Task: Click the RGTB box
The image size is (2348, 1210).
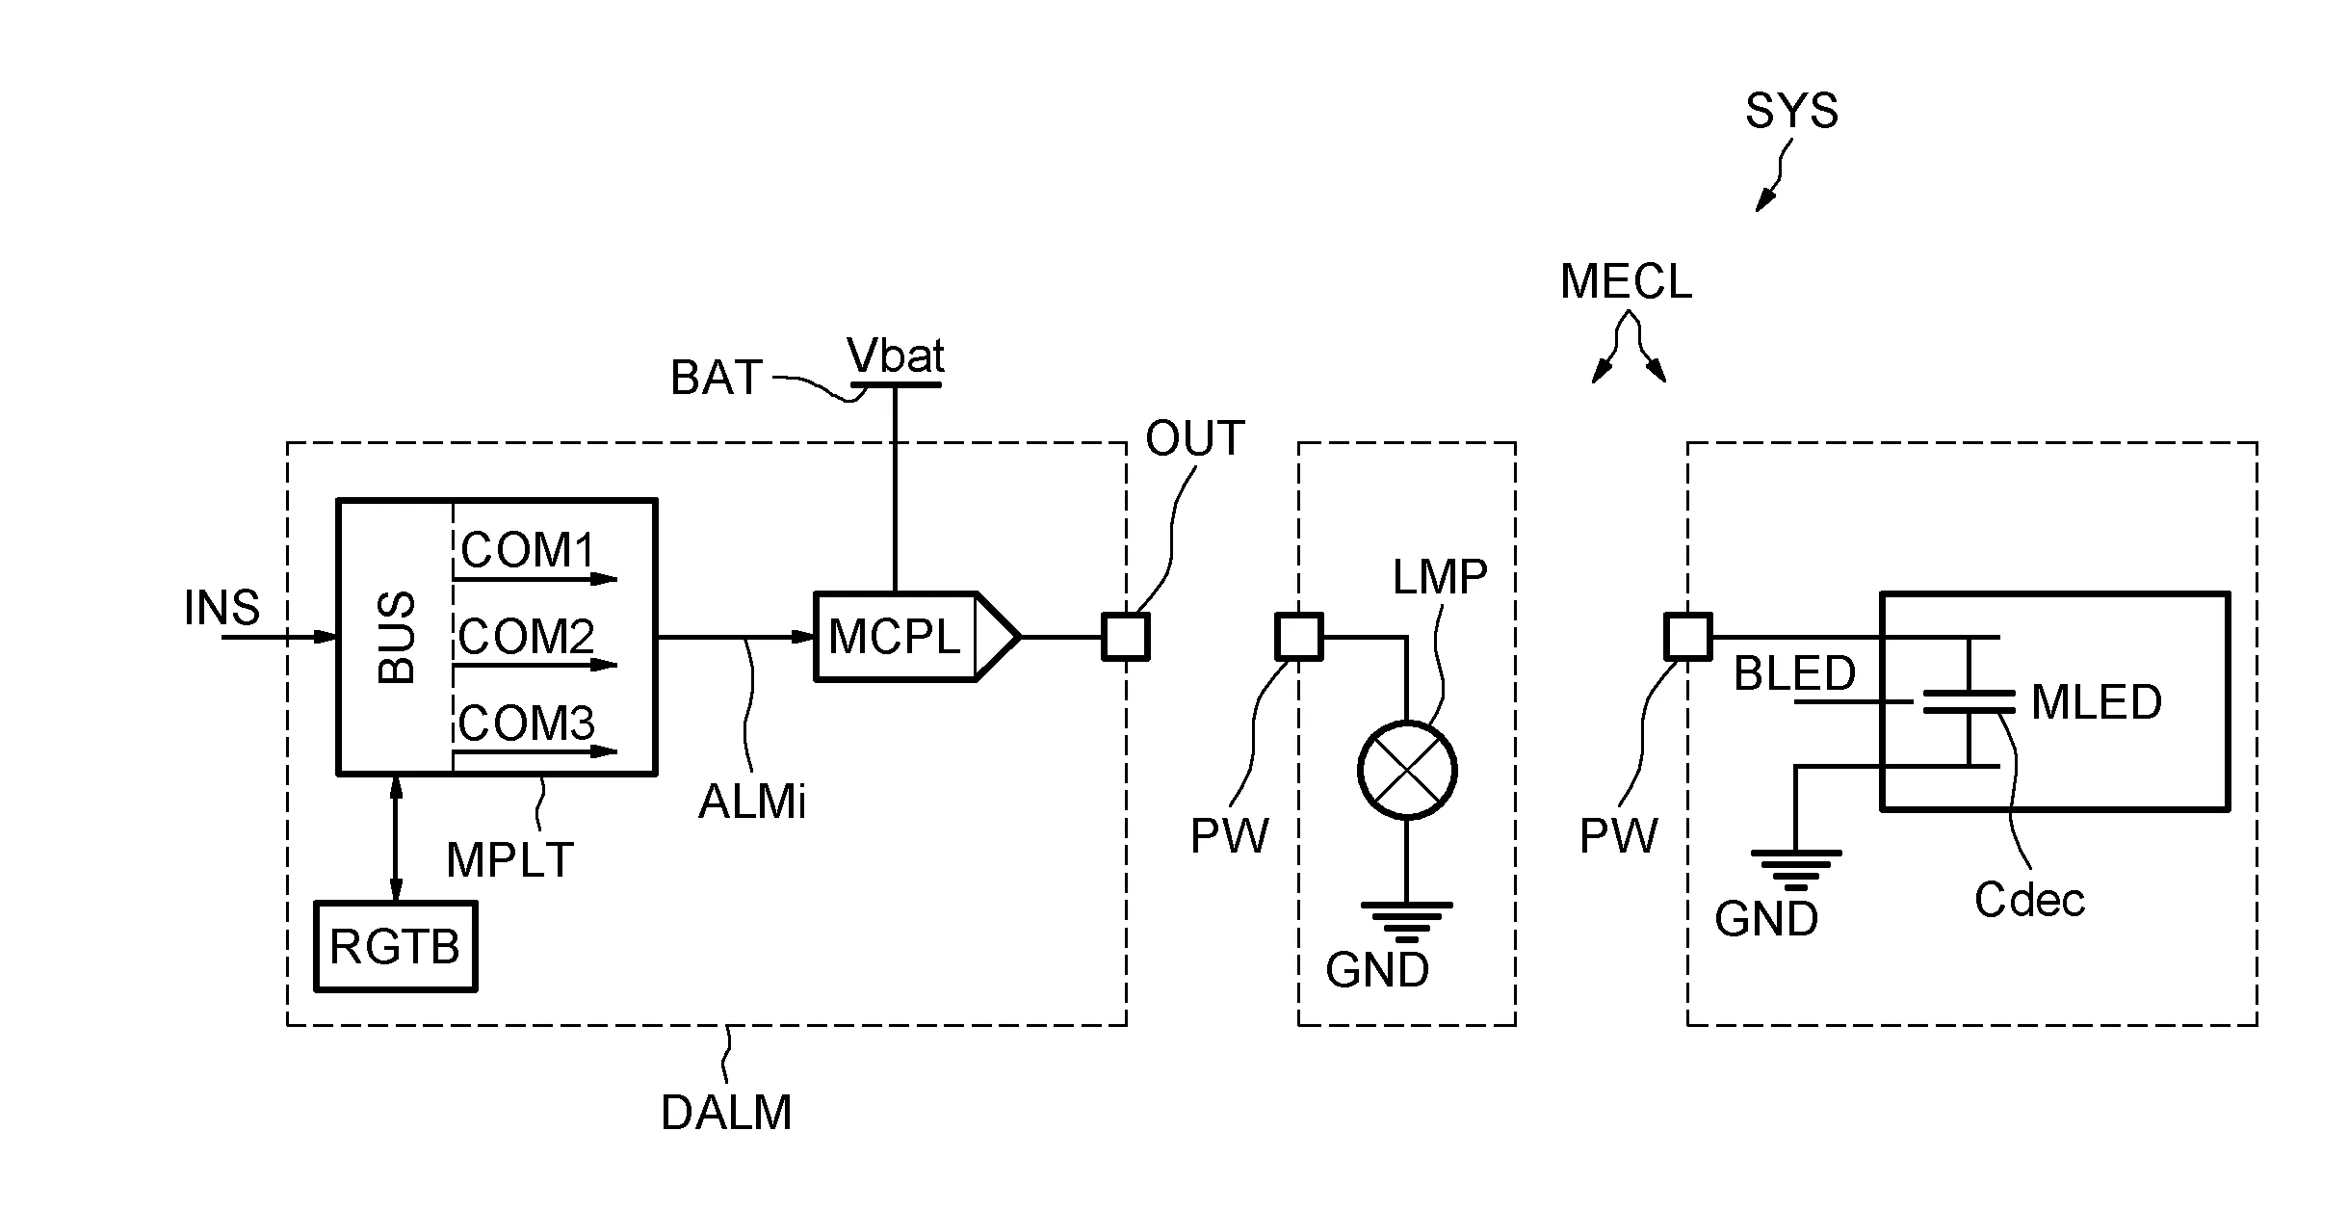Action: tap(395, 946)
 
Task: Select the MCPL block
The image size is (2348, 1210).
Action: tap(896, 637)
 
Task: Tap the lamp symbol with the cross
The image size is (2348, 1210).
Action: tap(1407, 771)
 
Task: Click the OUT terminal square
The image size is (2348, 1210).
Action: tap(1125, 637)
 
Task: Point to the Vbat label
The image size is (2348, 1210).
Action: tap(896, 356)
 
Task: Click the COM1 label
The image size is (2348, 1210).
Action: tap(529, 551)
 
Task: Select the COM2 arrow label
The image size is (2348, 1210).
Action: tap(526, 637)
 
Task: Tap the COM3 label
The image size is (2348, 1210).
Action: tap(526, 723)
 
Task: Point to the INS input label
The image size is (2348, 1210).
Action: tap(222, 608)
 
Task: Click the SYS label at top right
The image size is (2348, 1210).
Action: tap(1791, 112)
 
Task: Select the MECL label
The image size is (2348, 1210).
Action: tap(1626, 282)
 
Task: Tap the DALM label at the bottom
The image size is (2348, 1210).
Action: tap(726, 1113)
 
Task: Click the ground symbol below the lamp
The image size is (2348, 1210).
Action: tap(1407, 920)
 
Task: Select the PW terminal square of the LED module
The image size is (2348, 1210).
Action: tap(1688, 637)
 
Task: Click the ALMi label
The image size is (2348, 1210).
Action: tap(752, 802)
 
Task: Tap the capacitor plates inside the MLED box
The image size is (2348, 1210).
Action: tap(1968, 701)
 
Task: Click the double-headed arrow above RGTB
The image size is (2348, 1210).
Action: tap(396, 838)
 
